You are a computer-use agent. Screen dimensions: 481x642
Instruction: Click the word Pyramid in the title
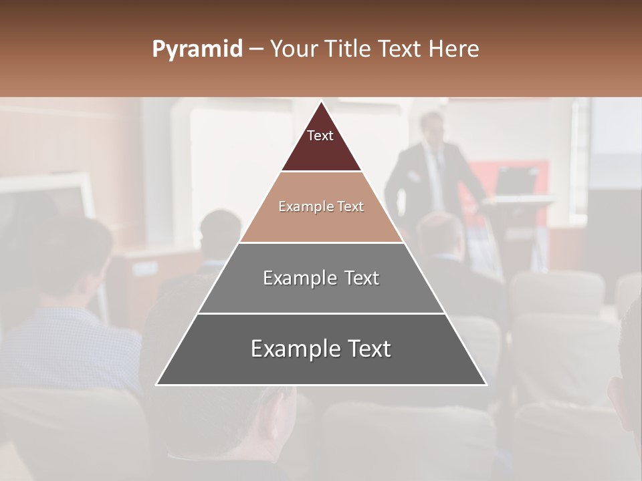pyautogui.click(x=197, y=49)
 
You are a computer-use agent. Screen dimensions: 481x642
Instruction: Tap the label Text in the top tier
pyautogui.click(x=320, y=136)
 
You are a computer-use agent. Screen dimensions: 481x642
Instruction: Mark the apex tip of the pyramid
pyautogui.click(x=322, y=102)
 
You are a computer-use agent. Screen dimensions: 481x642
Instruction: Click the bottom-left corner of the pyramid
pyautogui.click(x=157, y=384)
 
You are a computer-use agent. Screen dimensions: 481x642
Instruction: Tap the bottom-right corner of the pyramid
pyautogui.click(x=486, y=384)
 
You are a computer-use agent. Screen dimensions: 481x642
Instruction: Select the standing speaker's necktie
pyautogui.click(x=438, y=167)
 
